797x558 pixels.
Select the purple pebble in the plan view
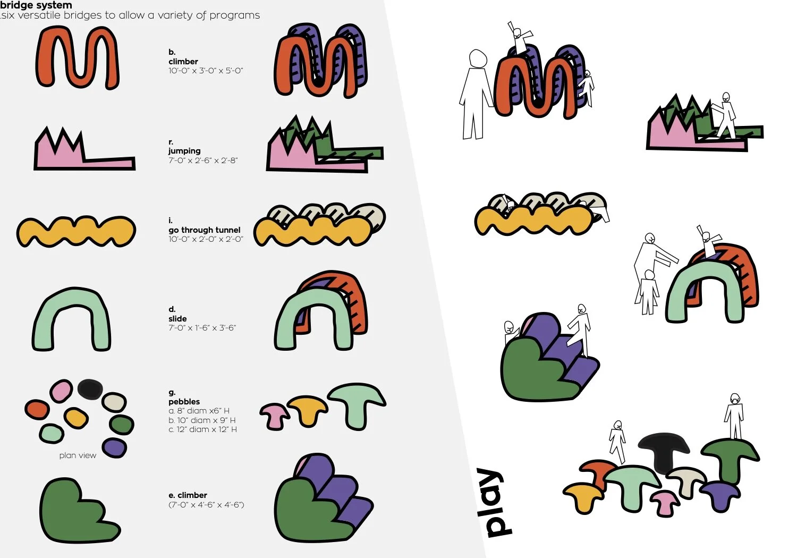pos(114,447)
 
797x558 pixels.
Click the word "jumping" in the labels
pos(184,151)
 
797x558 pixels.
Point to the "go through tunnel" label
pos(205,230)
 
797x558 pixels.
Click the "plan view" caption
pos(78,455)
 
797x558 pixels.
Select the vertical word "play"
pos(494,502)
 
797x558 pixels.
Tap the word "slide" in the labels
pos(177,319)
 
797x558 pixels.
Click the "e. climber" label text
pos(188,495)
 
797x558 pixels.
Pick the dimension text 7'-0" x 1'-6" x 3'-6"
pos(202,328)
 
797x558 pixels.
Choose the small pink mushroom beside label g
pos(274,415)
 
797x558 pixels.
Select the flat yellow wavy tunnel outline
pos(76,231)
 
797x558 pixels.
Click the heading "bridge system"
pos(36,5)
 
